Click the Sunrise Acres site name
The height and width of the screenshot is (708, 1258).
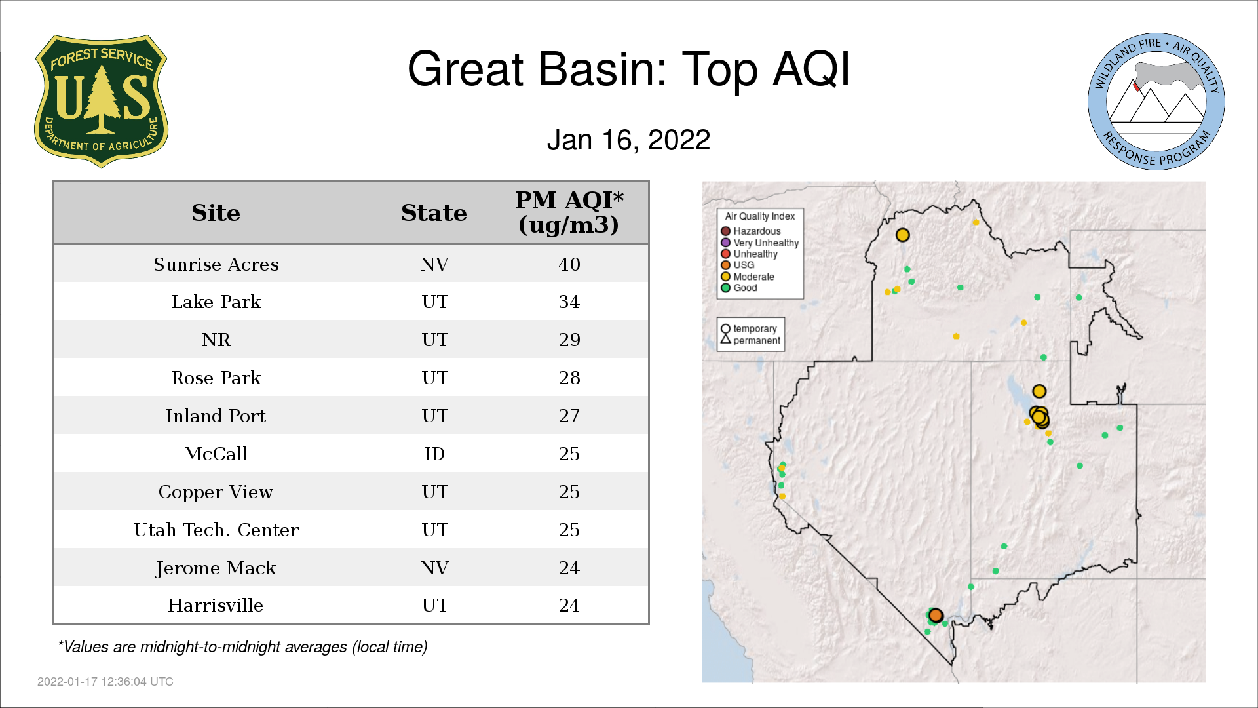216,264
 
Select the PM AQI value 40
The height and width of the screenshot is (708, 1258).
569,264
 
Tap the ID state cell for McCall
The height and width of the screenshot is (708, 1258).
434,454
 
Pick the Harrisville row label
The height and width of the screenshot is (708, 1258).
216,605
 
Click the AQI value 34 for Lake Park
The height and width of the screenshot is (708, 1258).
569,302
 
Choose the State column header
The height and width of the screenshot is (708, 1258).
434,213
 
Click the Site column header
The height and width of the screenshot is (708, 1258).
216,213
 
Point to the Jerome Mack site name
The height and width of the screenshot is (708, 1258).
216,568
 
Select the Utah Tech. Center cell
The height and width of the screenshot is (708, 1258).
216,530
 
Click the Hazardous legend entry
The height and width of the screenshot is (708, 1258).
751,231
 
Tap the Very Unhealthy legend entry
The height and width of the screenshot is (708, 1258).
760,243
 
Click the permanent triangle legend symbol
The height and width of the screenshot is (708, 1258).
725,340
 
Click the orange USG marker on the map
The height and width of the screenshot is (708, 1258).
936,615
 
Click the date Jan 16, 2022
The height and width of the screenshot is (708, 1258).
628,140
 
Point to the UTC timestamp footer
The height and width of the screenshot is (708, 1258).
105,682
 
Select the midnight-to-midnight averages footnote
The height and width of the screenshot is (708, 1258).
242,647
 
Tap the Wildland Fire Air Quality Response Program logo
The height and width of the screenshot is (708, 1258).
1156,102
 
